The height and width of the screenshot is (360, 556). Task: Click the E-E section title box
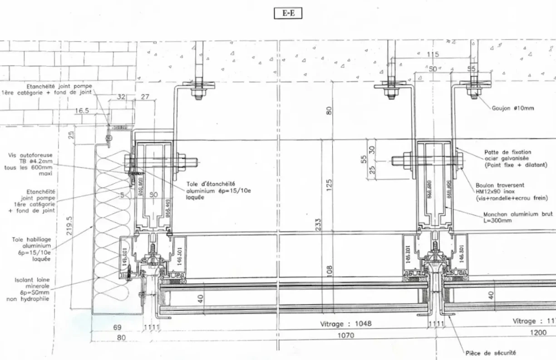[288, 13]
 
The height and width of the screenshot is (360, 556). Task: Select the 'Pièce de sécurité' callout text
[491, 352]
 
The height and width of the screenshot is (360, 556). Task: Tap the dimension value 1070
[346, 335]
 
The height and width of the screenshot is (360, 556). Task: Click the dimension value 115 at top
[433, 54]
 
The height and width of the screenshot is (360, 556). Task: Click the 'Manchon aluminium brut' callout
[517, 217]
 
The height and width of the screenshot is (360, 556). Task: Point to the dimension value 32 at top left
[121, 97]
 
